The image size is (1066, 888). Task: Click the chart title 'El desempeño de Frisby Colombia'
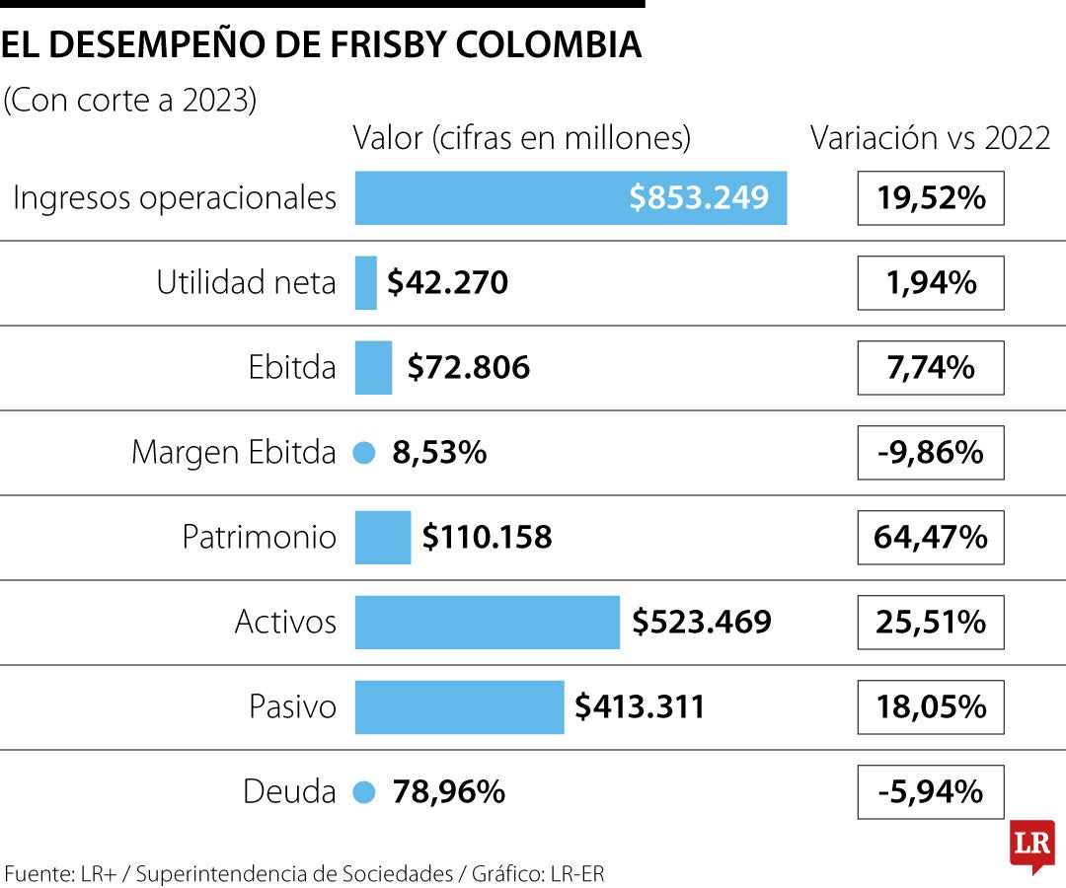[x=322, y=45]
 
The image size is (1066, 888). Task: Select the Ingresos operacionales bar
[x=571, y=198]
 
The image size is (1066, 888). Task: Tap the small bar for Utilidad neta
[x=365, y=283]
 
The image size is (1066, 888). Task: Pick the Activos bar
[x=487, y=623]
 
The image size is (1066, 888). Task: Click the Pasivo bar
[x=459, y=707]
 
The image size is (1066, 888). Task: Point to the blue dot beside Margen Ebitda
[x=364, y=453]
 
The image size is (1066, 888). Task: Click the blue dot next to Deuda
[x=364, y=792]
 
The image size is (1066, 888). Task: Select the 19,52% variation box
[x=930, y=198]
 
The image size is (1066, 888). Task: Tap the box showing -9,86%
[x=930, y=453]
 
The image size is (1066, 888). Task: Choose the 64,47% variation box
[x=930, y=538]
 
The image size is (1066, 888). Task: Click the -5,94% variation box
[x=930, y=792]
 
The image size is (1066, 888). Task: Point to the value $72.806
[x=468, y=368]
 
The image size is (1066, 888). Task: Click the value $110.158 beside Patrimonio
[x=487, y=538]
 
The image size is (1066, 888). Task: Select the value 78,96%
[x=449, y=792]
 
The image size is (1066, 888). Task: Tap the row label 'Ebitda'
[x=292, y=368]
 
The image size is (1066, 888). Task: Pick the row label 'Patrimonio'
[x=260, y=538]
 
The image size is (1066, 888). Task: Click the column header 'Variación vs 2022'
[x=930, y=138]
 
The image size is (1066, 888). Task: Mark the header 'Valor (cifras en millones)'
[x=521, y=138]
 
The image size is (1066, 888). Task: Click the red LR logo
[x=1031, y=846]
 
